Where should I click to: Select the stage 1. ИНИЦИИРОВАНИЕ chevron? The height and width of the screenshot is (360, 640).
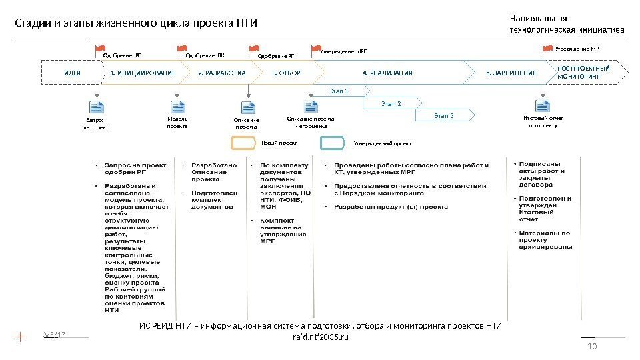point(143,73)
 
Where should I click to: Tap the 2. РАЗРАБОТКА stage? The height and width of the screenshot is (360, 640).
point(222,73)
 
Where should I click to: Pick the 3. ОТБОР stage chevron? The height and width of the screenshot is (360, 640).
point(287,73)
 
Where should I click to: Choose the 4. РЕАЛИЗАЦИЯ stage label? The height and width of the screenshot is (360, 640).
point(387,73)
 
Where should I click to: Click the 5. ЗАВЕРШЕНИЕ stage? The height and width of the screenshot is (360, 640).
point(511,73)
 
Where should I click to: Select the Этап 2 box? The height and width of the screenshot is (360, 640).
point(391,103)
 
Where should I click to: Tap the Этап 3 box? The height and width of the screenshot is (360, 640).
point(443,116)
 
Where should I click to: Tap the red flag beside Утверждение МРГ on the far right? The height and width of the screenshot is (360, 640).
point(549,49)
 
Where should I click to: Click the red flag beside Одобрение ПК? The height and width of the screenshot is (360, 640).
point(181,49)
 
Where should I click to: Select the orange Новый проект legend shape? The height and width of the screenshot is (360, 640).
point(243,143)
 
